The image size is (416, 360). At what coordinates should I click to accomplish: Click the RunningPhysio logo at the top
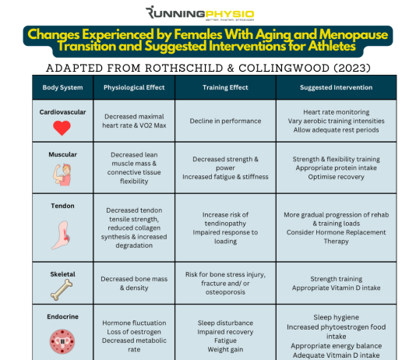pos(199,13)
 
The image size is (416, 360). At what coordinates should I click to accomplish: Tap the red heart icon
pos(62,128)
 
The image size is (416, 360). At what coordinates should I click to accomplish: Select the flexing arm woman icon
pos(62,175)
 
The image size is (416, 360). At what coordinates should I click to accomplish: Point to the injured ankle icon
pos(61,235)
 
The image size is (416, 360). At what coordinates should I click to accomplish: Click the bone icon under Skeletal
pos(62,291)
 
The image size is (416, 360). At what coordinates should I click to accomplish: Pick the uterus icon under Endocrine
pos(62,342)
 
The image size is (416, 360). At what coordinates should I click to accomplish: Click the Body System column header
pos(62,87)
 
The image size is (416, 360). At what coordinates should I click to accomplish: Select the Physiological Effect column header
pos(134,87)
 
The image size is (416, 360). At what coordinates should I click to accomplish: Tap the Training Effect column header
pos(225,87)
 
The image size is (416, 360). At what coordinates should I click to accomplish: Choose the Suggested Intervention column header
pos(336,87)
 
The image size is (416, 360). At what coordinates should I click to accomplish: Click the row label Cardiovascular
pos(62,112)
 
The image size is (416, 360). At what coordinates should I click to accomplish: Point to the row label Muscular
pos(62,154)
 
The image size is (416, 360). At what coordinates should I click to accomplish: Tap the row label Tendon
pos(62,206)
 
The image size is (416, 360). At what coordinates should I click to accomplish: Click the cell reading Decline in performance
pos(225,121)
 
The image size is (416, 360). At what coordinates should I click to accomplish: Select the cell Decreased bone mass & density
pos(134,284)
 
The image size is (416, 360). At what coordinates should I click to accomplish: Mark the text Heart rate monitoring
pos(336,112)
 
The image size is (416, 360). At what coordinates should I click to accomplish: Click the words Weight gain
pos(225,349)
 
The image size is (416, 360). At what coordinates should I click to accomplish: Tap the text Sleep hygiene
pos(336,317)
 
